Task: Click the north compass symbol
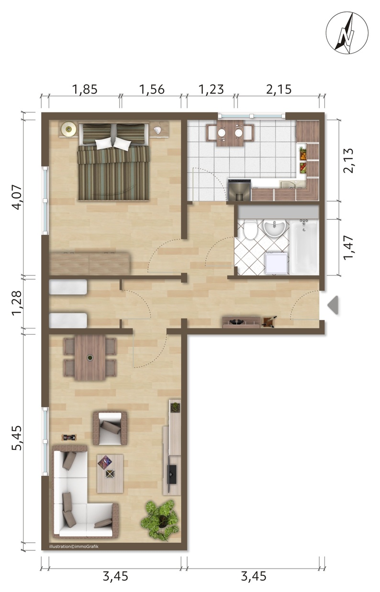(x=347, y=33)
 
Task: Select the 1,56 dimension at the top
(x=152, y=89)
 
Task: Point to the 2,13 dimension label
(x=348, y=160)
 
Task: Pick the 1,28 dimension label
(x=17, y=303)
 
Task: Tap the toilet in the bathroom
(x=250, y=229)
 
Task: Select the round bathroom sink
(x=274, y=227)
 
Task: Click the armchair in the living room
(x=110, y=428)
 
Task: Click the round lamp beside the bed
(x=69, y=129)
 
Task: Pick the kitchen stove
(x=239, y=190)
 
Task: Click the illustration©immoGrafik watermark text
(x=74, y=546)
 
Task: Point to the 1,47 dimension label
(x=348, y=248)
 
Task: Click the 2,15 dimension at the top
(x=279, y=89)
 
